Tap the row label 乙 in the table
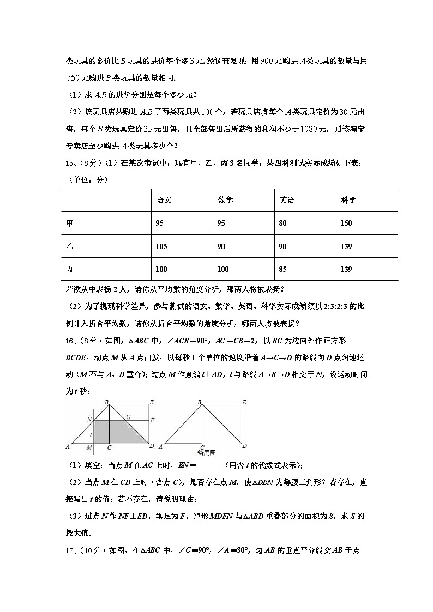[x=69, y=246]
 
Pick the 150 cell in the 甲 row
[x=346, y=223]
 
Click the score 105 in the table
[x=161, y=246]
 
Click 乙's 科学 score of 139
[x=346, y=246]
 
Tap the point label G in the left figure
[x=128, y=417]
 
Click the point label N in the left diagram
[x=89, y=419]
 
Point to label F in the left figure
[x=152, y=420]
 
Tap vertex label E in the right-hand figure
[x=245, y=402]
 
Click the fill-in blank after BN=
[x=208, y=466]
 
